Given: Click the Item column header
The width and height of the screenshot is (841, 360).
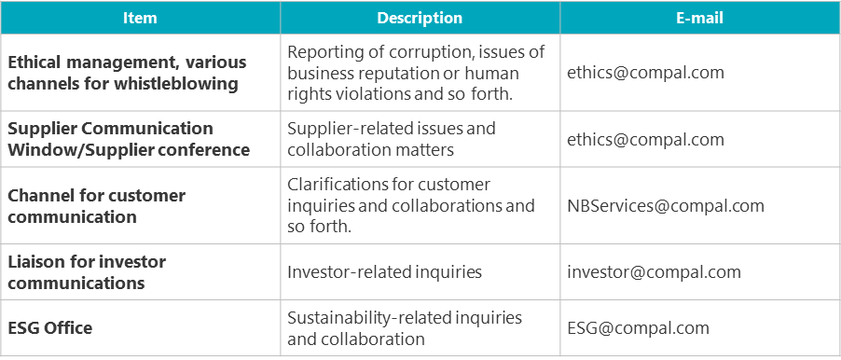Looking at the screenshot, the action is [140, 18].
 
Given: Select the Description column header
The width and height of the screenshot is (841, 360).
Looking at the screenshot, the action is [420, 18].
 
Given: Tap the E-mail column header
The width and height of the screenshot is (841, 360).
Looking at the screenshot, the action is [699, 18].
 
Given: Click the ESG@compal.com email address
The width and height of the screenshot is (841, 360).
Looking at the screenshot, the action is [639, 327].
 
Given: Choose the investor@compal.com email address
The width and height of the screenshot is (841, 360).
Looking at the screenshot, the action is [654, 272].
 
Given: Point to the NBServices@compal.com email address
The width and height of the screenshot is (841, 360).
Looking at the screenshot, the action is [666, 205].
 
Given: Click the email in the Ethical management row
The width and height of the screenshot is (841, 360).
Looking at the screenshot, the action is [645, 73].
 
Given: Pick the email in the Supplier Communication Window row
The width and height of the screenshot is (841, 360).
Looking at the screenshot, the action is [645, 139].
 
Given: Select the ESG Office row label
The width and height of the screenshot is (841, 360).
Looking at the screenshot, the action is [49, 327].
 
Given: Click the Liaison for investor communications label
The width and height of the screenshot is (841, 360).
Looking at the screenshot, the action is [87, 272].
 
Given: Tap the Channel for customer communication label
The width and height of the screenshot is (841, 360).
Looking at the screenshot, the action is [97, 206].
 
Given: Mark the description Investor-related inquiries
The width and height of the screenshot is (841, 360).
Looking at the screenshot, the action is [384, 272].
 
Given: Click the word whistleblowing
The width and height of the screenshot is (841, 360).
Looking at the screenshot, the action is [177, 84].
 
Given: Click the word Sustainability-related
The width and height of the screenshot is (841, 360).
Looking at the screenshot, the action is [369, 317].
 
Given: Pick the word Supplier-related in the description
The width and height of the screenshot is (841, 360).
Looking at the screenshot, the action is [352, 128].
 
